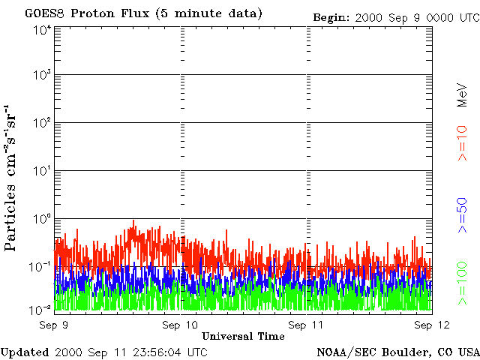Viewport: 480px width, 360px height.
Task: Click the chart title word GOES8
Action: click(x=45, y=13)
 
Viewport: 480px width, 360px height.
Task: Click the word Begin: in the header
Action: click(x=331, y=17)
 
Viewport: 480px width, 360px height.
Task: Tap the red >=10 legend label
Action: click(x=462, y=143)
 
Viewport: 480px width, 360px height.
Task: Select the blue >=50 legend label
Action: click(x=462, y=215)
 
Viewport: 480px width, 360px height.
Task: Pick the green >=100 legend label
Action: click(x=462, y=283)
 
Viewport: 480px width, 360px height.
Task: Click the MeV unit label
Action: click(x=462, y=95)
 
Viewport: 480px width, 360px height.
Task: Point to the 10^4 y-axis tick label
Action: click(x=42, y=31)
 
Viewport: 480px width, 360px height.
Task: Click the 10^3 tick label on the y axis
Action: click(x=42, y=75)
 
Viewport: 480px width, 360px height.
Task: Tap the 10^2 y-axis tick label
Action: click(x=42, y=123)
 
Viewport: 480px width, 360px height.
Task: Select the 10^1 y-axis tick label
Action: click(x=42, y=171)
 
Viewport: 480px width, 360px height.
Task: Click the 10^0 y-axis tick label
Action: click(x=42, y=219)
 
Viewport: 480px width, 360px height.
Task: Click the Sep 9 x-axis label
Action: click(x=54, y=325)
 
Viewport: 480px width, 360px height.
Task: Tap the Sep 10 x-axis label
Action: click(x=180, y=325)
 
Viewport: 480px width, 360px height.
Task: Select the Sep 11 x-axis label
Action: click(x=306, y=325)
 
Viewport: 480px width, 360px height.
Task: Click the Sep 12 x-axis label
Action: click(x=432, y=325)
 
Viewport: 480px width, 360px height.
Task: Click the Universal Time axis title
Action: click(x=243, y=337)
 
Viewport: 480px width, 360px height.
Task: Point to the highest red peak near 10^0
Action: click(x=133, y=221)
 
